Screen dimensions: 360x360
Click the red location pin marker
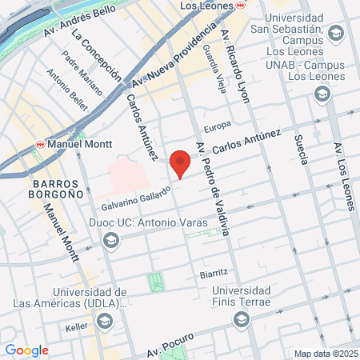[x=181, y=162]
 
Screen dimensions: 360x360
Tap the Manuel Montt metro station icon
[x=40, y=146]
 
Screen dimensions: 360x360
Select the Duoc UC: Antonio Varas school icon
[x=110, y=239]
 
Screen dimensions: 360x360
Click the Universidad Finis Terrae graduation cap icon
[x=241, y=320]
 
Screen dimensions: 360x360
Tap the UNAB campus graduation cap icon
[x=322, y=94]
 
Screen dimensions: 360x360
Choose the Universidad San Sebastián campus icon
[x=334, y=34]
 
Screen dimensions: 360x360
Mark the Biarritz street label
[x=214, y=273]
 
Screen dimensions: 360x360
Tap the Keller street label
[x=76, y=327]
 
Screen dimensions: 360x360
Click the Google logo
[x=26, y=350]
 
